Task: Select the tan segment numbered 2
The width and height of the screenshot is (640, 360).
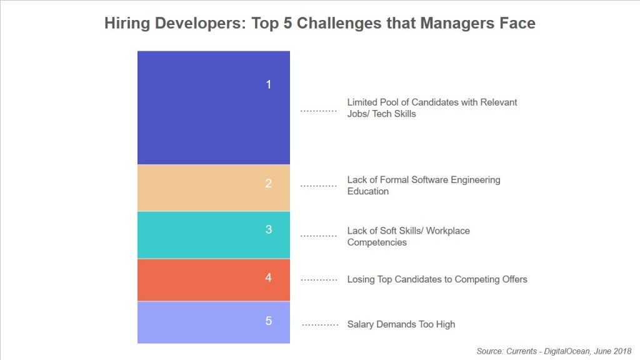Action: point(213,187)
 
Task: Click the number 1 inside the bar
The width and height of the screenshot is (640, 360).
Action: point(269,84)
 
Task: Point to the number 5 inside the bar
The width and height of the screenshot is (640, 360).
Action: point(269,321)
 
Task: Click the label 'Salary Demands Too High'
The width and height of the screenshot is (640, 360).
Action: point(401,324)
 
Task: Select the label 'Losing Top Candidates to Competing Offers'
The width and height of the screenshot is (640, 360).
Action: point(437,279)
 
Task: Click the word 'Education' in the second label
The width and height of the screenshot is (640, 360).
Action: point(367,191)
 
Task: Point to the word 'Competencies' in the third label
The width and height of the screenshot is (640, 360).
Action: point(377,242)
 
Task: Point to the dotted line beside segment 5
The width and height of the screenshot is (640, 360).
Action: point(319,325)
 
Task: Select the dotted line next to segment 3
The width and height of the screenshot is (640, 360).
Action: point(318,236)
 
